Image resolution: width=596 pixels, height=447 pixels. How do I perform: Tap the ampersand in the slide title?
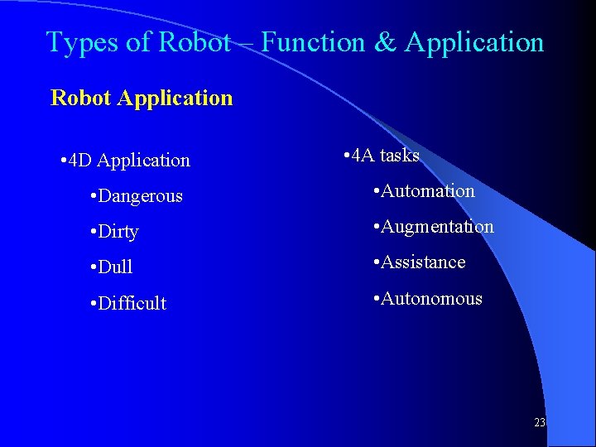[x=385, y=42]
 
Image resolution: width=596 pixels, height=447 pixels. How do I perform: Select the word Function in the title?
[x=314, y=42]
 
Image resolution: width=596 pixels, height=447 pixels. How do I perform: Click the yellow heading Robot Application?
[x=142, y=98]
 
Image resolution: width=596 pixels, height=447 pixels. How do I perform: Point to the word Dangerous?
[x=140, y=196]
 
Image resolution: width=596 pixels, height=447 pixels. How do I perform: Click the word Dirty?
[x=118, y=232]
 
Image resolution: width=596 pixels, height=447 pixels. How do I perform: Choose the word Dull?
[x=115, y=267]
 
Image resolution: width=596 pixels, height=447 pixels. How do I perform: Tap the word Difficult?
[x=132, y=303]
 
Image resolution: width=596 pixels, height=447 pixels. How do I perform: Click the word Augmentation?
[x=436, y=227]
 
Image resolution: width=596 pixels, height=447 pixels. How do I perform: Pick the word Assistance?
[x=422, y=262]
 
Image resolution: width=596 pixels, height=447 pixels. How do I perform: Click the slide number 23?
[x=540, y=423]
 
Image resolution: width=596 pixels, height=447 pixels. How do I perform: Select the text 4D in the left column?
[x=81, y=161]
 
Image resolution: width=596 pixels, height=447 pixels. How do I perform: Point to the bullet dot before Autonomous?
[x=377, y=299]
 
